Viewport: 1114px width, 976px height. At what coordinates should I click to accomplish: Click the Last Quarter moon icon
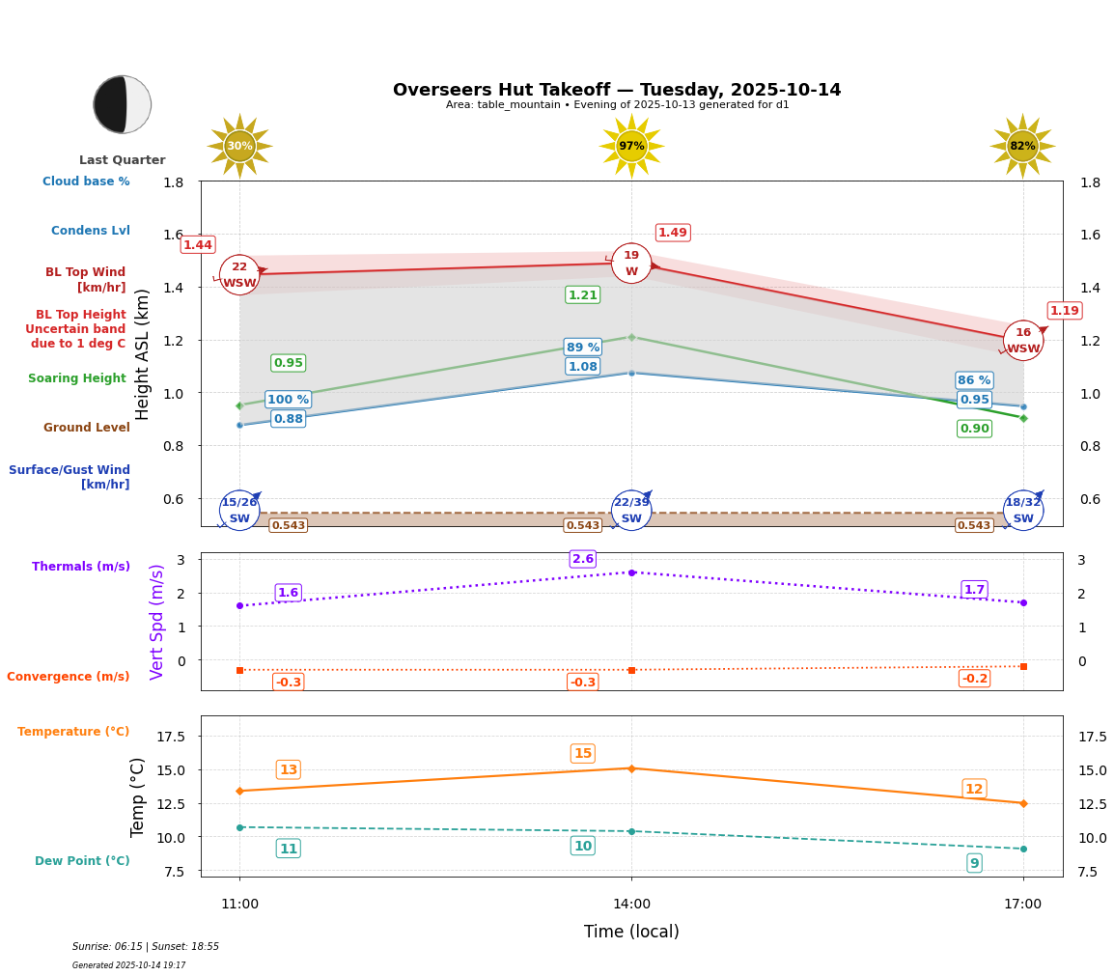(x=123, y=104)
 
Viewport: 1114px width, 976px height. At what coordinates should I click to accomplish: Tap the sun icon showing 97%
(x=631, y=146)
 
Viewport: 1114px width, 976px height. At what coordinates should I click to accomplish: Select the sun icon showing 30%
(x=239, y=146)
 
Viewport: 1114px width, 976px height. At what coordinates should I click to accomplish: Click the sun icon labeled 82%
(x=1022, y=146)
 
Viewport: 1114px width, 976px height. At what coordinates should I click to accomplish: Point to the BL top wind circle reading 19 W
(x=631, y=264)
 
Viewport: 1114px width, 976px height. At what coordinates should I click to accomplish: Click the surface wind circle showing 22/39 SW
(x=631, y=511)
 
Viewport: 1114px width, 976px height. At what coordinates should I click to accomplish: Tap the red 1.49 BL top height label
(x=673, y=233)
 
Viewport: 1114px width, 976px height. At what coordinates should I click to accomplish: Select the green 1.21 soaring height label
(x=583, y=295)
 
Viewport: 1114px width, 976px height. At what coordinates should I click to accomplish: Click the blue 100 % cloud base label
(x=288, y=400)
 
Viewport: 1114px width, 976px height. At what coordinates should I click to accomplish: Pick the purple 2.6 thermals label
(x=583, y=559)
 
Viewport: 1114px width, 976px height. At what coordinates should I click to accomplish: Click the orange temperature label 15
(x=583, y=754)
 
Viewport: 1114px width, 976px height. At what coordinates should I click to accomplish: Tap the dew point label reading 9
(x=974, y=863)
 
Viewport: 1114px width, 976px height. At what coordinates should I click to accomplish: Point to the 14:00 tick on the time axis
(x=631, y=904)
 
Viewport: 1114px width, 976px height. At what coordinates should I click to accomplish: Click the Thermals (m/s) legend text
(x=81, y=567)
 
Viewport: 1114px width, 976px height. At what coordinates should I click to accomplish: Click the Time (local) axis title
(x=631, y=932)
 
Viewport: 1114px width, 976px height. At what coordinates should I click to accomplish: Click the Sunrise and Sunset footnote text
(x=146, y=947)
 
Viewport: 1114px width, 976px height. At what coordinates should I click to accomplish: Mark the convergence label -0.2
(x=974, y=679)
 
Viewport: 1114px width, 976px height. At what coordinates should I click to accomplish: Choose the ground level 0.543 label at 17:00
(x=974, y=526)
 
